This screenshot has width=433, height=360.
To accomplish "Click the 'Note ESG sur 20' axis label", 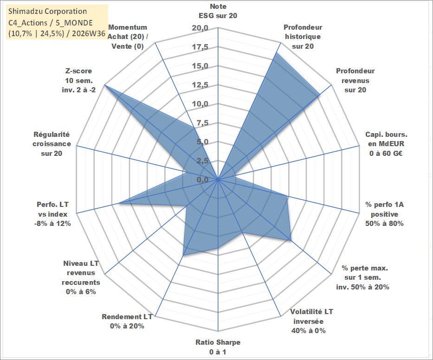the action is click(x=218, y=11).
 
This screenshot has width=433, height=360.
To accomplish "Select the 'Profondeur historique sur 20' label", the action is click(x=303, y=37).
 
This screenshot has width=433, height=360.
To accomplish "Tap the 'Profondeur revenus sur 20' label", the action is click(x=355, y=80).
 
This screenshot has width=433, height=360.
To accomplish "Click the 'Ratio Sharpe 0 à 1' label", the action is click(x=218, y=347).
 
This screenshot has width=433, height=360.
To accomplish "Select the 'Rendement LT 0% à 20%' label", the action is click(x=127, y=321).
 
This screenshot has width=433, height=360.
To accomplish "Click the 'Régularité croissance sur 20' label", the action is click(x=52, y=144).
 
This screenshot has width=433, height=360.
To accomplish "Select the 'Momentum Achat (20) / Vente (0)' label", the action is click(x=128, y=37).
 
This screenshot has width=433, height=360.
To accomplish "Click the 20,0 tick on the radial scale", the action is click(x=200, y=28).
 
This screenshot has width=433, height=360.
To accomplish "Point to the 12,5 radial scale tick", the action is click(x=200, y=85).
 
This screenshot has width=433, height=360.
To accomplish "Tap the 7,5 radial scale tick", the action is click(x=202, y=123).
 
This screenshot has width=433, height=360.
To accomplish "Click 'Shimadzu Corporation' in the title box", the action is click(x=47, y=11).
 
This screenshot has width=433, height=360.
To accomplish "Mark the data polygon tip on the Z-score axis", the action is click(x=105, y=85).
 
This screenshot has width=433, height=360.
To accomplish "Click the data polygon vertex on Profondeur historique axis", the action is click(x=276, y=53).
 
